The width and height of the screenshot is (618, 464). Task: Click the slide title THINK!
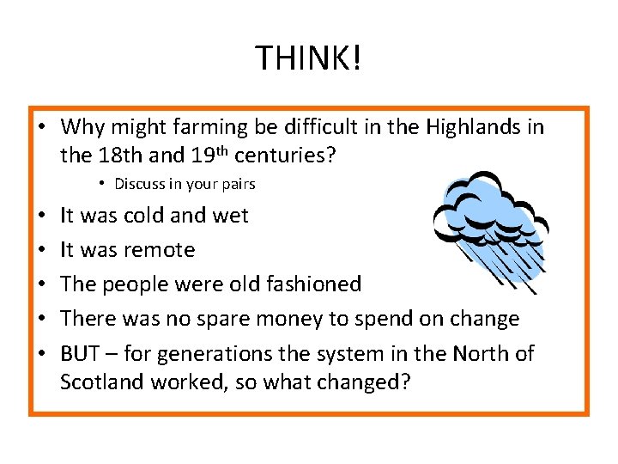pyautogui.click(x=309, y=58)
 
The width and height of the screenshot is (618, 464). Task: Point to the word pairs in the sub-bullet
pyautogui.click(x=239, y=184)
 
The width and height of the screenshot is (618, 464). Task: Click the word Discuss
pyautogui.click(x=138, y=184)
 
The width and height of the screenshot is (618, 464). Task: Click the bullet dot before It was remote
pyautogui.click(x=43, y=250)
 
